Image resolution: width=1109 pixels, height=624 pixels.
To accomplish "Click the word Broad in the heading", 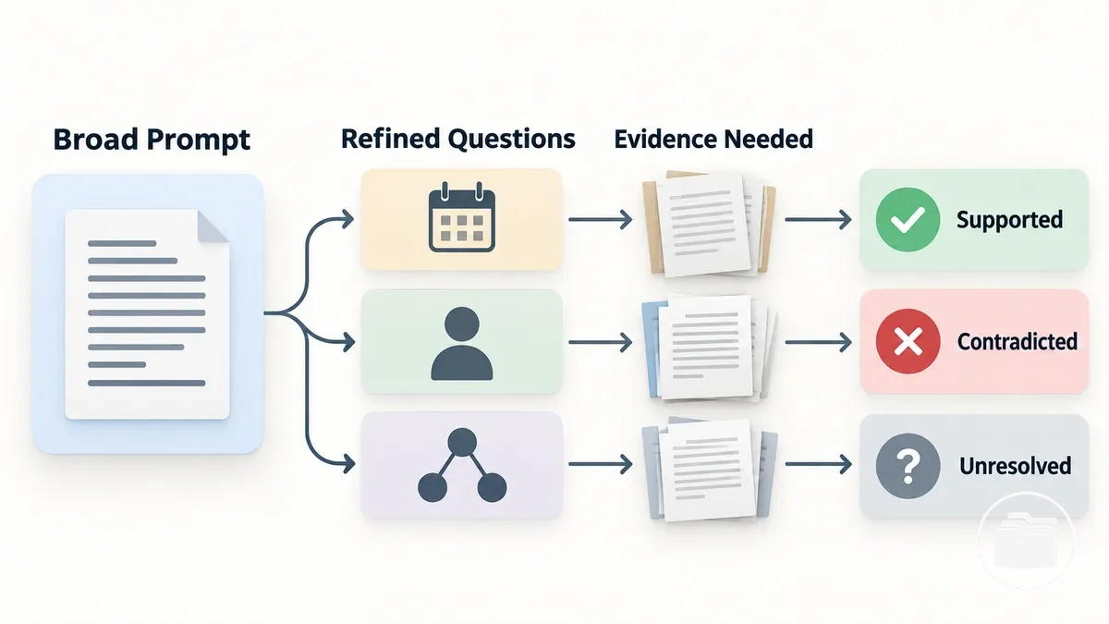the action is pyautogui.click(x=95, y=140).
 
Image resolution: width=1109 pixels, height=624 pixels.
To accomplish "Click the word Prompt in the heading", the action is pyautogui.click(x=198, y=141).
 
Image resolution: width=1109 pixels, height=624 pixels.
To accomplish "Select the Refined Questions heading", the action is pyautogui.click(x=458, y=140).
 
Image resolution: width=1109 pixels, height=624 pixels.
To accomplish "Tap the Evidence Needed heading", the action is pyautogui.click(x=713, y=140).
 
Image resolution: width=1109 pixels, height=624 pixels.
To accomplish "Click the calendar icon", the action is pyautogui.click(x=462, y=217).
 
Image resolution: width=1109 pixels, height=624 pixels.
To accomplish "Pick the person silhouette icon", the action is pyautogui.click(x=462, y=343).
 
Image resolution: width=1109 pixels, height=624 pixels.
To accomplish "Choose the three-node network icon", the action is pyautogui.click(x=462, y=465).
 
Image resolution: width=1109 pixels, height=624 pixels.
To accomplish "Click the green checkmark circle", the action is pyautogui.click(x=908, y=219).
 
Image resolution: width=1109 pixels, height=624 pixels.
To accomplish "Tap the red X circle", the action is pyautogui.click(x=908, y=341).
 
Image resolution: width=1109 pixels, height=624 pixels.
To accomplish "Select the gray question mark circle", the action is pyautogui.click(x=908, y=466).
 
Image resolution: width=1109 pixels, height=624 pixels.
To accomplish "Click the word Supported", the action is pyautogui.click(x=1009, y=220).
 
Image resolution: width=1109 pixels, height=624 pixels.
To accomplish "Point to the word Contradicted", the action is pyautogui.click(x=1018, y=342).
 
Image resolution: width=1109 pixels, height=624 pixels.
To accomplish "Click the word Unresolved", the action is pyautogui.click(x=1016, y=466).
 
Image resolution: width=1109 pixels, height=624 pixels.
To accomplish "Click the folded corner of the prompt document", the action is pyautogui.click(x=212, y=226).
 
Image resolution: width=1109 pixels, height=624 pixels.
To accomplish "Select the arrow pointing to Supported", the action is pyautogui.click(x=819, y=219).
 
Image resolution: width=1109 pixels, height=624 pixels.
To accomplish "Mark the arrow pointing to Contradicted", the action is pyautogui.click(x=819, y=342).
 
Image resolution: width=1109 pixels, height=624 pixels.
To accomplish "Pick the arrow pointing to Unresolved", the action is pyautogui.click(x=819, y=464).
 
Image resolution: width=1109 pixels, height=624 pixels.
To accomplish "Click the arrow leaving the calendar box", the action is pyautogui.click(x=601, y=219).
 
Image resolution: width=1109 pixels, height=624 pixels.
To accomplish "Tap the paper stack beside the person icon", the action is pyautogui.click(x=709, y=348).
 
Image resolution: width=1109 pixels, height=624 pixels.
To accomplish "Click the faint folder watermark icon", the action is pyautogui.click(x=1026, y=540).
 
